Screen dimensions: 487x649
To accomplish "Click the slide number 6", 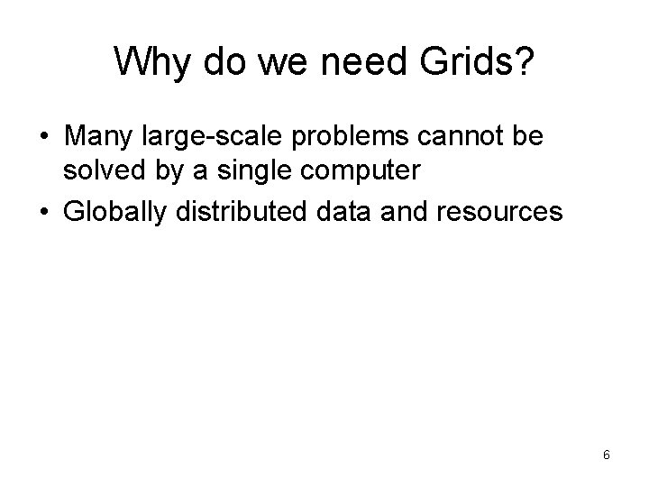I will [x=607, y=455].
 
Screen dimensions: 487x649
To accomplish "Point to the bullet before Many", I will [x=42, y=139].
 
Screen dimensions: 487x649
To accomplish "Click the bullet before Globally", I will [x=42, y=214].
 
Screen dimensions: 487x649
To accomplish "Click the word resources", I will [x=500, y=213].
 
